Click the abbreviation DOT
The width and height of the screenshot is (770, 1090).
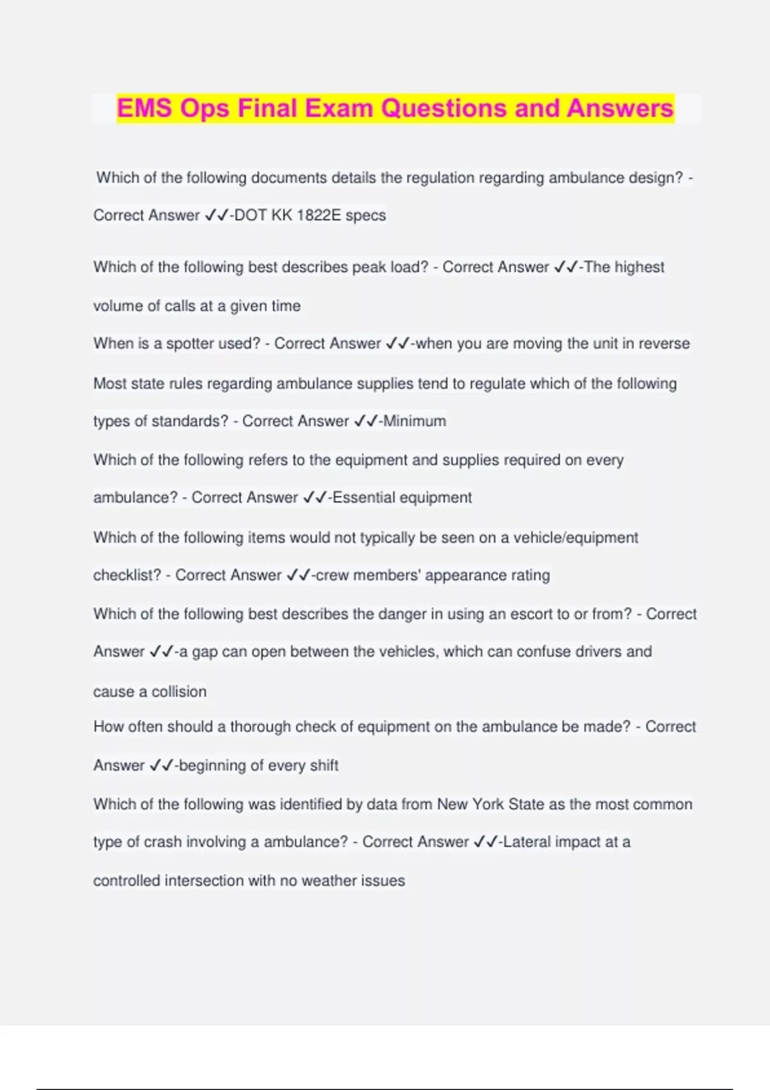(250, 215)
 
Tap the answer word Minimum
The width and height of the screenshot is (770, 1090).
(415, 421)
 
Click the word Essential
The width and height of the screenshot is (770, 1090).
(364, 498)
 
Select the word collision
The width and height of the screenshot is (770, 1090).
(179, 692)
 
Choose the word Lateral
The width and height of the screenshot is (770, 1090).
(527, 843)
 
